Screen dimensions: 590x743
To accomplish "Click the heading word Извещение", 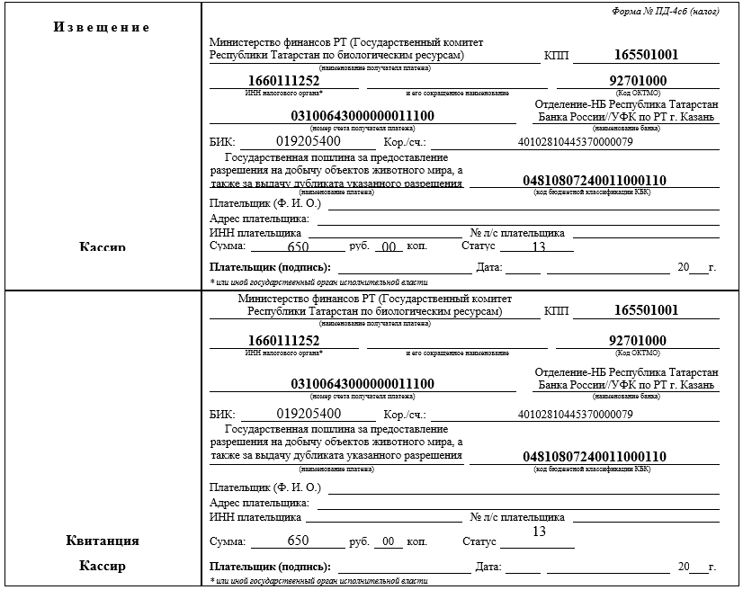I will (x=101, y=27).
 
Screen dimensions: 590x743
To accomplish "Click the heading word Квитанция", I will (x=103, y=541).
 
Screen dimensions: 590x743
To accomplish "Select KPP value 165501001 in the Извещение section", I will (x=646, y=55).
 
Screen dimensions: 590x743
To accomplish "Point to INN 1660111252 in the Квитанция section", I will (x=283, y=341).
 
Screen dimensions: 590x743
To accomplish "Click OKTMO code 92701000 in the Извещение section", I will (x=637, y=81).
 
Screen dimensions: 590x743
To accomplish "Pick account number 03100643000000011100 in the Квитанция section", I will (x=363, y=384).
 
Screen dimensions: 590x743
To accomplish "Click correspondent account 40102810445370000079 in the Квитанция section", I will (x=576, y=415).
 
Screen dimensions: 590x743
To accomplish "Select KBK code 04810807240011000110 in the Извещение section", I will (x=595, y=181).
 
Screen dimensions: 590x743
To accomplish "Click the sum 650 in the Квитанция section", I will (x=298, y=541).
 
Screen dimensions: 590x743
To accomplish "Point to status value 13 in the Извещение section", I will (x=539, y=247).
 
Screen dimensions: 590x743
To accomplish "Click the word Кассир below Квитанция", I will (x=103, y=567).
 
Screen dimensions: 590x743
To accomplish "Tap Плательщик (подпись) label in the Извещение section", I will (x=270, y=267).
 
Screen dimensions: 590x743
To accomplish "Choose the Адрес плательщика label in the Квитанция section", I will (x=259, y=503).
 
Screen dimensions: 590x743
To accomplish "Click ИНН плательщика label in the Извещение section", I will (x=255, y=233).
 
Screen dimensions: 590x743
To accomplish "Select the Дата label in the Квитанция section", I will (x=488, y=568).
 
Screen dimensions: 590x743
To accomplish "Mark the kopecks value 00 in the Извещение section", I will (x=389, y=247).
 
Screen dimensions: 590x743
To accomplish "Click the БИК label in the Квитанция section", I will (x=221, y=415).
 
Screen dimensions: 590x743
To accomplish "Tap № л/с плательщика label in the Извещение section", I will (x=518, y=233).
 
